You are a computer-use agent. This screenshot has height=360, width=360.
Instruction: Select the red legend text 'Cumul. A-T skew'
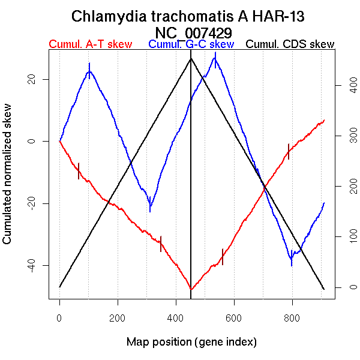tap(90, 44)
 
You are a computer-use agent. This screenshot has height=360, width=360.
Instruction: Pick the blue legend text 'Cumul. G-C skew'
tap(191, 44)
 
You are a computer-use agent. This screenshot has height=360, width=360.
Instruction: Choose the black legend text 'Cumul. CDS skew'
tap(290, 44)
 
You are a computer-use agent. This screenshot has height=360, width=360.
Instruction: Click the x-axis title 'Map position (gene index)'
tap(191, 342)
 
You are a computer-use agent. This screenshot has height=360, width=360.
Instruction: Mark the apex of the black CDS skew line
tap(191, 58)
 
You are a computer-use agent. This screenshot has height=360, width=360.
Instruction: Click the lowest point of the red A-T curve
tap(191, 289)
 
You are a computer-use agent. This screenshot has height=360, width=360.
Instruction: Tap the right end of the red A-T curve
tap(324, 120)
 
